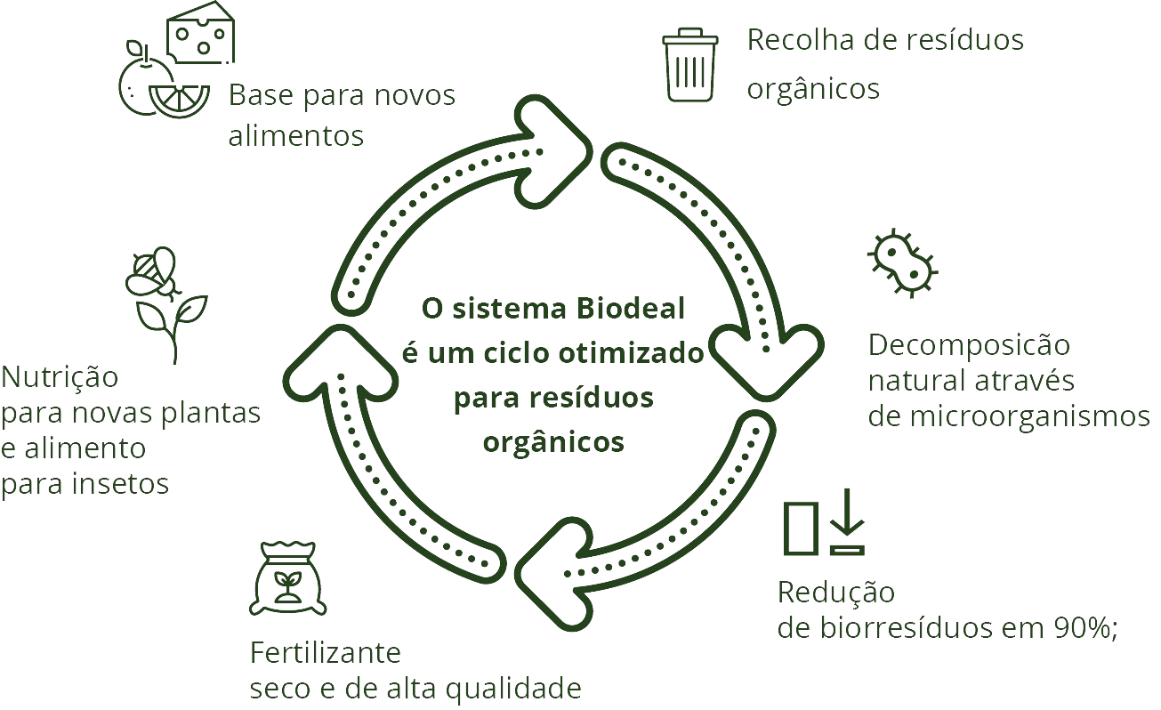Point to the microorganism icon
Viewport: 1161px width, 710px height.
pos(901,262)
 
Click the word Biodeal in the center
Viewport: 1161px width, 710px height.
pos(632,309)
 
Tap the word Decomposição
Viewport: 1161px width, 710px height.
pos(969,344)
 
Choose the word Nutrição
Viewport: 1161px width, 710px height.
pos(59,376)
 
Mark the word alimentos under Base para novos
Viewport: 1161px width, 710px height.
pos(296,135)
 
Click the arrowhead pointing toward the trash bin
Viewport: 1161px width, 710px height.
pos(556,142)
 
